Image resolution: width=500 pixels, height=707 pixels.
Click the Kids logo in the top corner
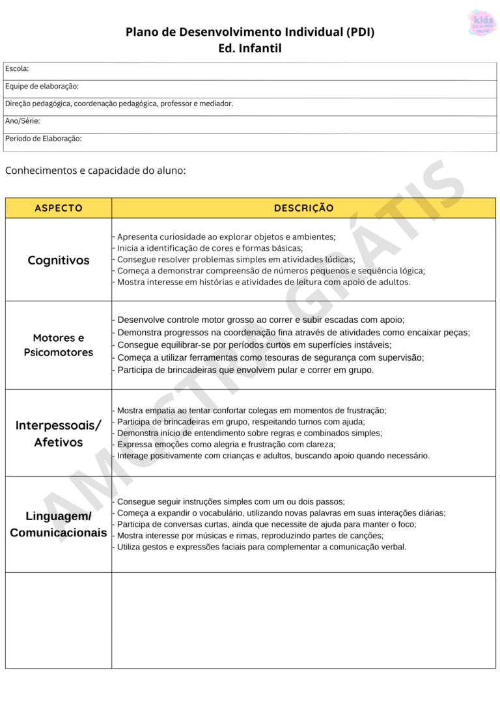(482, 22)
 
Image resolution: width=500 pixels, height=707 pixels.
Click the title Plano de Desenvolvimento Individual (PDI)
(250, 32)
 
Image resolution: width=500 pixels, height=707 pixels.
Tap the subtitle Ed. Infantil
(250, 48)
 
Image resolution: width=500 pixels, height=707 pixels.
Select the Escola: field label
(17, 68)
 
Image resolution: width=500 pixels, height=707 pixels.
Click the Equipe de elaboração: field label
(42, 86)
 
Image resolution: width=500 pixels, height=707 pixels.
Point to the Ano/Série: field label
(23, 121)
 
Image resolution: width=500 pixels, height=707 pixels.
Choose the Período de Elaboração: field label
(43, 139)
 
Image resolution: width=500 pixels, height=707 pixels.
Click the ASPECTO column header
(59, 208)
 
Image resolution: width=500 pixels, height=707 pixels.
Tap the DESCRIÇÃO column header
(303, 208)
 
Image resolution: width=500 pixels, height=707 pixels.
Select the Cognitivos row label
(59, 260)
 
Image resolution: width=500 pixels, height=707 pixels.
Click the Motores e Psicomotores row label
(59, 345)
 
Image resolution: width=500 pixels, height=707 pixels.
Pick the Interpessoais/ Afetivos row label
(59, 434)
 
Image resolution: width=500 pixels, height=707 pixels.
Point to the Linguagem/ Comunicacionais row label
(59, 524)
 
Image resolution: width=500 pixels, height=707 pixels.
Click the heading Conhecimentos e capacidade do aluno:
(96, 171)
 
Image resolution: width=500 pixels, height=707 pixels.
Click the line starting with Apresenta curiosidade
(225, 237)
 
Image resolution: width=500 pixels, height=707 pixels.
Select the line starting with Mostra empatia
(251, 410)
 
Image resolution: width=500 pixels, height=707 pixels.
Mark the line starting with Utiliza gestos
(260, 547)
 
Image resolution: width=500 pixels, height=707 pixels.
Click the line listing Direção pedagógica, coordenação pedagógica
(119, 104)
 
